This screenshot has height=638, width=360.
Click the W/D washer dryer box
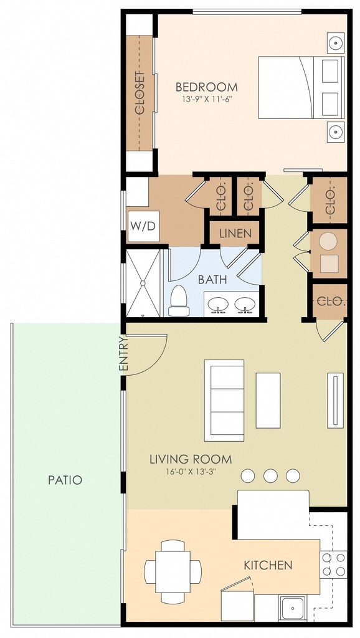pos(143,226)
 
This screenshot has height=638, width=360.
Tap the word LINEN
pos(235,234)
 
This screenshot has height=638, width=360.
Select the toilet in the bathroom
pos(179,301)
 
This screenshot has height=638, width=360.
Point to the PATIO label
pos(65,480)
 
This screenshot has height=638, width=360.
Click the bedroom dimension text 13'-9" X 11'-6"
pos(207,99)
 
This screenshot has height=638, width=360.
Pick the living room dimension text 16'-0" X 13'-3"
pos(191,472)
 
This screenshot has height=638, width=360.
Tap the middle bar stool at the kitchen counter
pos(270,475)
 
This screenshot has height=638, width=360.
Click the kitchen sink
pos(291,609)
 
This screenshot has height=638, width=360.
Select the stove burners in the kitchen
pos(334,564)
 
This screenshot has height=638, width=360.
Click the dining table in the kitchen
pos(173,572)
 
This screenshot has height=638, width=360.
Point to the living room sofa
pos(224,401)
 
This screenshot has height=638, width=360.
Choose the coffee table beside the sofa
pos(268,401)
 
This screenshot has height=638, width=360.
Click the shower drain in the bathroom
pos(143,283)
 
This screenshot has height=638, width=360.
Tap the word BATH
pos(212,280)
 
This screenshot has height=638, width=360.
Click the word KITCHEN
pos(268,565)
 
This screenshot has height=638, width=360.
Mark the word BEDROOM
pos(207,87)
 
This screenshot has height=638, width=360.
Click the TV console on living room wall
pos(335,401)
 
